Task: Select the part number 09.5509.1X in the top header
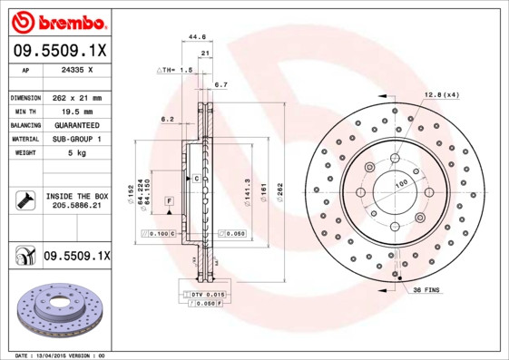coord(59,51)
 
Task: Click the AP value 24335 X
coord(77,70)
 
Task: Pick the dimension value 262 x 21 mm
coord(77,97)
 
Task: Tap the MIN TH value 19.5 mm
coord(77,111)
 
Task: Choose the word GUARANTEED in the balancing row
coord(77,124)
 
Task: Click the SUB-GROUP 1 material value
coord(77,139)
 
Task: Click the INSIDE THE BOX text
coord(77,196)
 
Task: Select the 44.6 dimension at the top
coord(196,38)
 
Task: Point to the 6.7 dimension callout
coord(220,84)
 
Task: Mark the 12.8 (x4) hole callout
coord(442,94)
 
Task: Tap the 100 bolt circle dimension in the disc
coord(399,184)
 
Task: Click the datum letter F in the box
coord(169,199)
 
